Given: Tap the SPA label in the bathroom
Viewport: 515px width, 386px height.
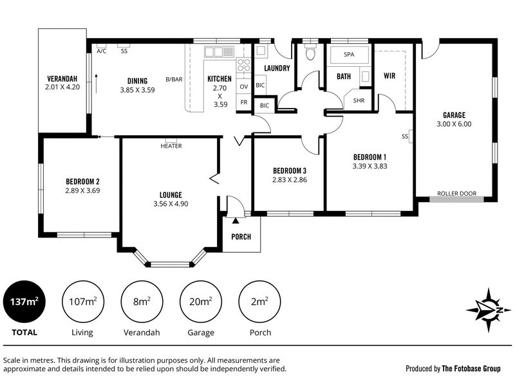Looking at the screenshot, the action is [x=349, y=54].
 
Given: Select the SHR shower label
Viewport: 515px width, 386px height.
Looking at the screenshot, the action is [x=359, y=100].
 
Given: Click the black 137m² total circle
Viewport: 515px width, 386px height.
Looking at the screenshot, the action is [x=24, y=302].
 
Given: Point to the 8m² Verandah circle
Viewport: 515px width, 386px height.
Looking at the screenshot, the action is [x=142, y=302].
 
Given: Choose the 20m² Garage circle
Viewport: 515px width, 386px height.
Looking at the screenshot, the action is [x=201, y=302].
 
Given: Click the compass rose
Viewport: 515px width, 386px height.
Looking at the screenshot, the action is [x=489, y=310].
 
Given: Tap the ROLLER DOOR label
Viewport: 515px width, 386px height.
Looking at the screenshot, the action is [x=456, y=194].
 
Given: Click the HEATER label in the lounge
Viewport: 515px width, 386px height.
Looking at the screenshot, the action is [x=171, y=146].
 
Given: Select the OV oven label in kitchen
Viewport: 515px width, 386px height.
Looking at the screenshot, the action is [x=244, y=87].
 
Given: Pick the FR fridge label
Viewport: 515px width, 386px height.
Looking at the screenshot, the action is [x=244, y=102].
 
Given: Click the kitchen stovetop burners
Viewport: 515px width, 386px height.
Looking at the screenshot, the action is [x=243, y=65].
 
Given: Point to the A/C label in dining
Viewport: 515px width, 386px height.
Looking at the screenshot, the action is [x=102, y=51].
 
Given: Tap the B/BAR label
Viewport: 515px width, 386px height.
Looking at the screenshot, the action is [x=174, y=79].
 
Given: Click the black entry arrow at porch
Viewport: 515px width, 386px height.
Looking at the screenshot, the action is [x=236, y=221].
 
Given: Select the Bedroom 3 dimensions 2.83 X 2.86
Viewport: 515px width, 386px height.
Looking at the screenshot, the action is [x=290, y=180].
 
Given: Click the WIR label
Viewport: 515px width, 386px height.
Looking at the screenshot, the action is [x=389, y=76].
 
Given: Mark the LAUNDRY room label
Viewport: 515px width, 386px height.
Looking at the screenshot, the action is [x=277, y=68].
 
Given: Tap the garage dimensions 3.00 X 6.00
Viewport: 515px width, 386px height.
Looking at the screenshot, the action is [x=454, y=124].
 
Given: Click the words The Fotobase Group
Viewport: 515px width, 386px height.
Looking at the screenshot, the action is [x=471, y=369].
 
